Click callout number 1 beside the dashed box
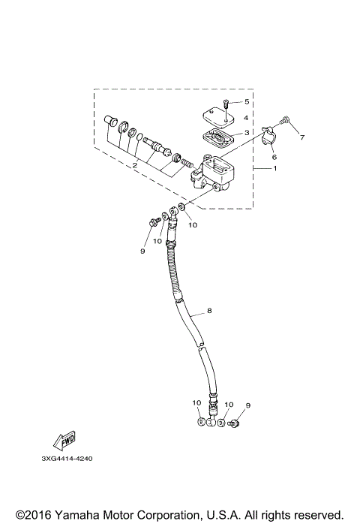[x=274, y=169]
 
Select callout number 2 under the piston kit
[x=134, y=165]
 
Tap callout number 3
[x=246, y=132]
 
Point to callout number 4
[x=246, y=117]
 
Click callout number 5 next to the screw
[x=245, y=101]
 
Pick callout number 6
[x=274, y=157]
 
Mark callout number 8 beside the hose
[x=209, y=310]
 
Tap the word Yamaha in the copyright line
[x=77, y=515]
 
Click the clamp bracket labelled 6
[x=266, y=137]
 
